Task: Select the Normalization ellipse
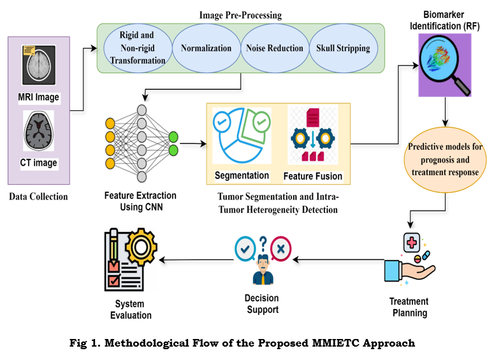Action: coord(205,48)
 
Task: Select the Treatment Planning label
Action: coord(409,307)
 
